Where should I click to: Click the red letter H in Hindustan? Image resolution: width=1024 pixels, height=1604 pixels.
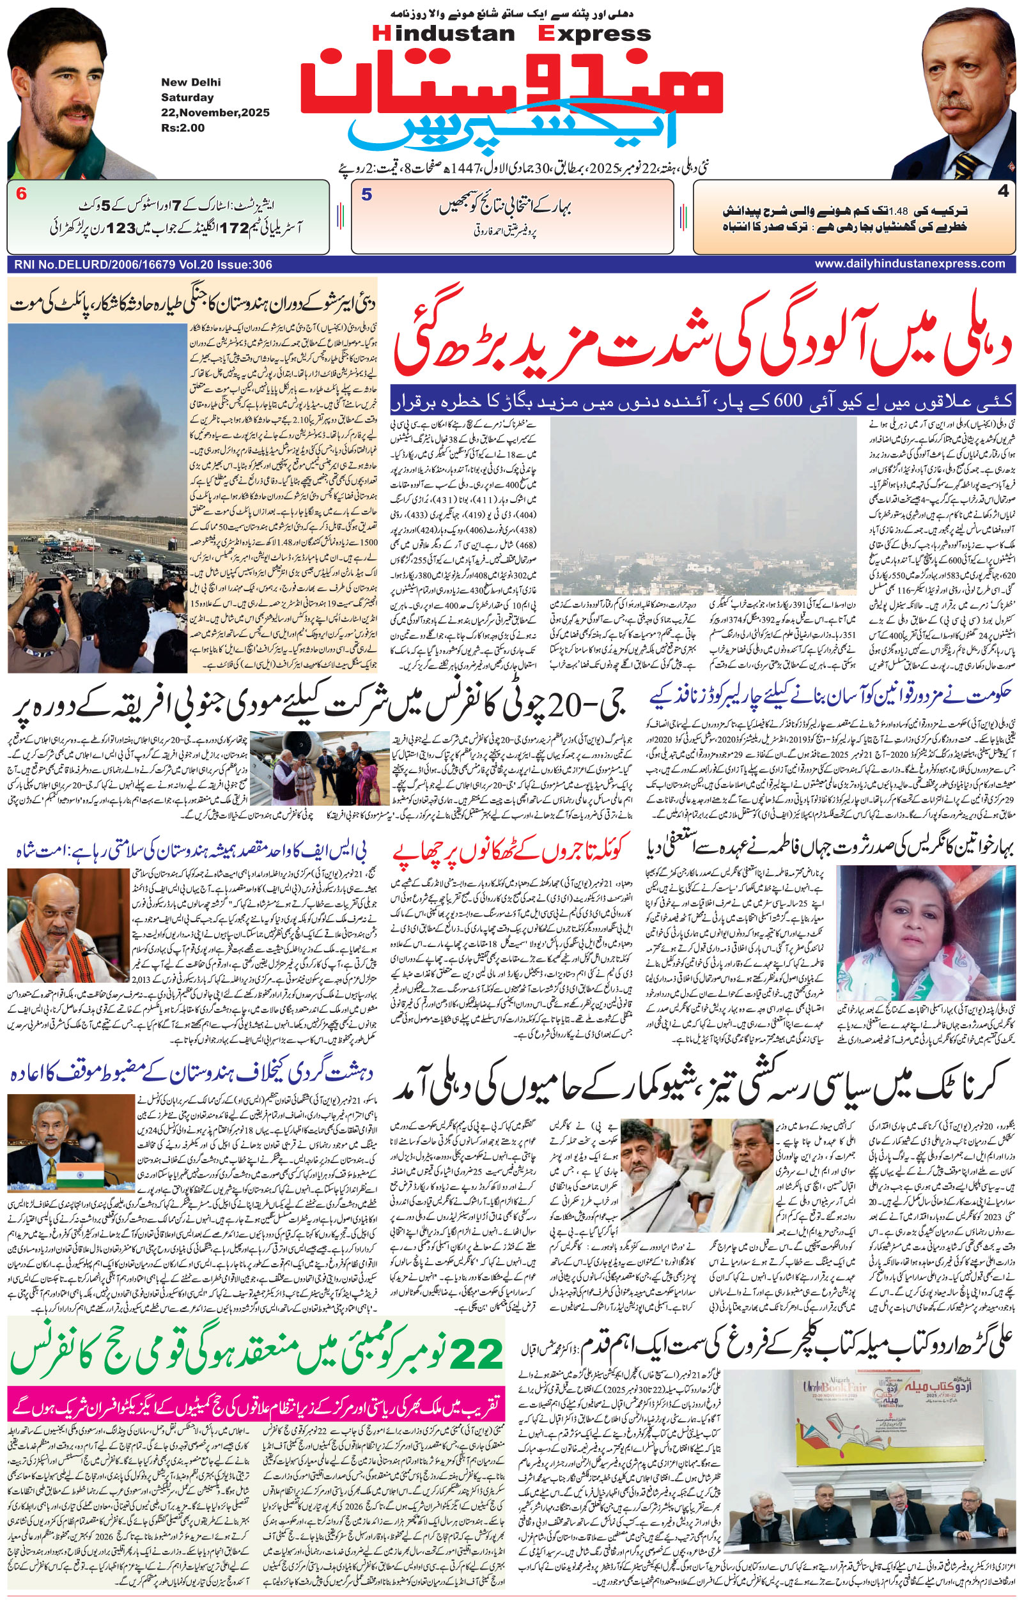tap(378, 34)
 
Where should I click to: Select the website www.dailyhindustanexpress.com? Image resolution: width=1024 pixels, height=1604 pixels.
tap(910, 264)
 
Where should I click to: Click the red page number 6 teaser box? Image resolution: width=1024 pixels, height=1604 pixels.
tap(21, 195)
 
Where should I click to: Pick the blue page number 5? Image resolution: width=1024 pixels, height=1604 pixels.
tap(366, 195)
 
